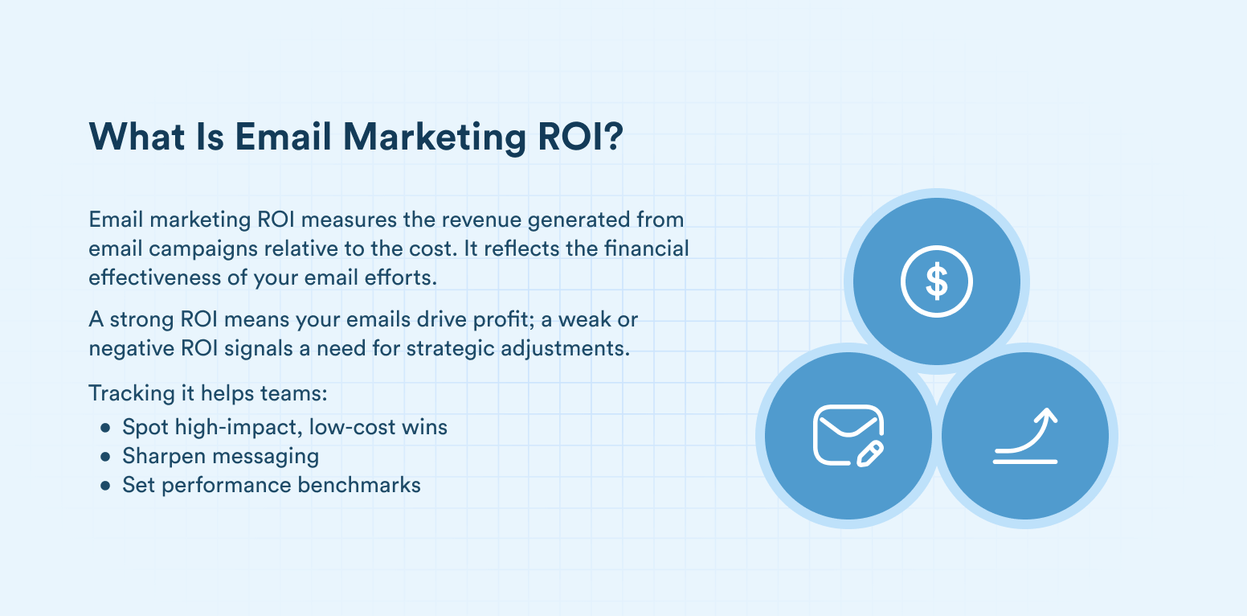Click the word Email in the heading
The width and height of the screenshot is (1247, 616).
coord(283,137)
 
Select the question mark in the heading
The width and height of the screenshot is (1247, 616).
coord(613,137)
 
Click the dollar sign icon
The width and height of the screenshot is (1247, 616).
coord(936,281)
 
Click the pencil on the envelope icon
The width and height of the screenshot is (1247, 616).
coord(870,454)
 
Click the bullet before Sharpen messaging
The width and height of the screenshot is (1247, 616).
coord(106,457)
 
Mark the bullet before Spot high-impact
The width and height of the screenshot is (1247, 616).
coord(106,428)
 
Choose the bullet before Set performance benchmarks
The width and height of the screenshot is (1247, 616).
coord(106,486)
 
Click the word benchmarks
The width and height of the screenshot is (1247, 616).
coord(359,485)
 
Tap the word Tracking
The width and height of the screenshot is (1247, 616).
coord(132,394)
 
